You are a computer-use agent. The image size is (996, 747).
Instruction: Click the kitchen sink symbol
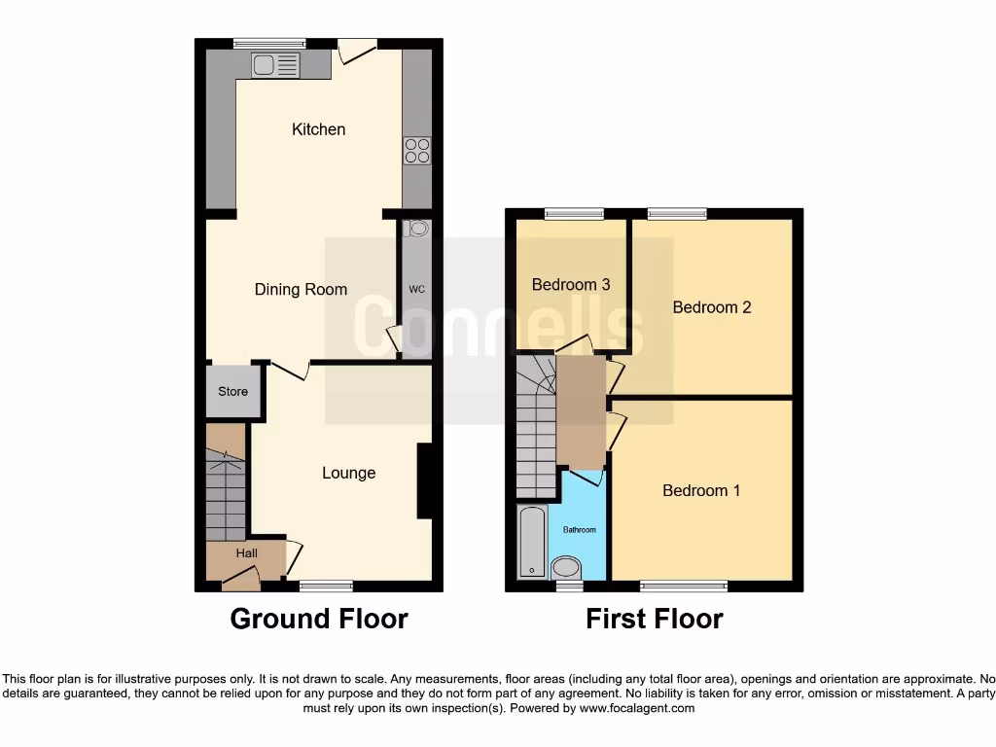[276, 65]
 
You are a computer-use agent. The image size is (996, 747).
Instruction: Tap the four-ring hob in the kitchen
[417, 151]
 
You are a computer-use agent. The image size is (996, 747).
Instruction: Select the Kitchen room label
[318, 129]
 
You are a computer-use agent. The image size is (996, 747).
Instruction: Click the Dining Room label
[301, 289]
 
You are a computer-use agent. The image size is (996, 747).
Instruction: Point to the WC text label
[416, 290]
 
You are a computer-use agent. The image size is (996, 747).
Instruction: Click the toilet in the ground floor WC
[418, 230]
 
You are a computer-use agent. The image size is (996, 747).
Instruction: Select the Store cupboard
[232, 392]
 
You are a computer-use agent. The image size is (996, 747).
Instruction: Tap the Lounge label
[348, 473]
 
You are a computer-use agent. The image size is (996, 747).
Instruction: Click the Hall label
[247, 553]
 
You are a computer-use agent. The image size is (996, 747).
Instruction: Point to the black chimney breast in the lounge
[425, 481]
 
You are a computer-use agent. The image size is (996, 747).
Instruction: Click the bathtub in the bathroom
[532, 542]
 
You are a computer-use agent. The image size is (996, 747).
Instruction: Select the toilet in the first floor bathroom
[564, 567]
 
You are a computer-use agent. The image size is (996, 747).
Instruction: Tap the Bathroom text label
[580, 529]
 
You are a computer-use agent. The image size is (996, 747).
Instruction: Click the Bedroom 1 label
[700, 490]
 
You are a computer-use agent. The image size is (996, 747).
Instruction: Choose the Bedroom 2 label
[712, 307]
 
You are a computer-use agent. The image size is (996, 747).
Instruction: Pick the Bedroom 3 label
[571, 285]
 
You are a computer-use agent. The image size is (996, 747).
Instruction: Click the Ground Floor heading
[319, 619]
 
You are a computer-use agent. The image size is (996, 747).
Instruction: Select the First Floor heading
[654, 619]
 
